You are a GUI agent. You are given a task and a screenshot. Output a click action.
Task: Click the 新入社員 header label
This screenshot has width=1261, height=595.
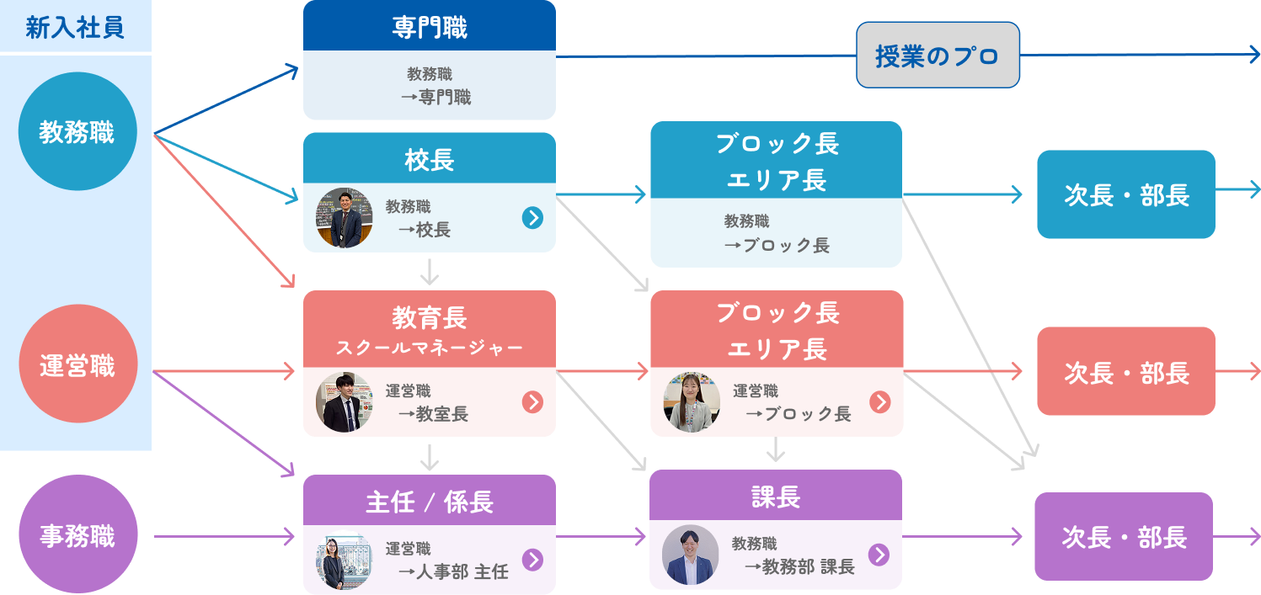(75, 27)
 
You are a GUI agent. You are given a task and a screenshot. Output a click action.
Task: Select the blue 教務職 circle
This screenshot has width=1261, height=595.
(77, 131)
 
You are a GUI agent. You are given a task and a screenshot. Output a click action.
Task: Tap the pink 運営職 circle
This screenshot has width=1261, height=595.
(77, 364)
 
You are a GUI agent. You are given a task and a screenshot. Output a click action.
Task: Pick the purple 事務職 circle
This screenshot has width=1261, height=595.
(77, 535)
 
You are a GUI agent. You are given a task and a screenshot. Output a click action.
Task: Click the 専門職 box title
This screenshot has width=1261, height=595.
(429, 27)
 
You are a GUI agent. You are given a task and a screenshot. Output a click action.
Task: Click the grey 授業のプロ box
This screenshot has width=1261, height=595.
(938, 56)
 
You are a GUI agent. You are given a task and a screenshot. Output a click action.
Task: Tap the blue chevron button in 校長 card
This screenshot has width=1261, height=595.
(532, 218)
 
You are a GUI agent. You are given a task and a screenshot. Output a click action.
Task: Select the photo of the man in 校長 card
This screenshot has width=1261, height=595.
(345, 218)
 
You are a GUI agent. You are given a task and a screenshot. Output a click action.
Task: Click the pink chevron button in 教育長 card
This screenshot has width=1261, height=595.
(532, 402)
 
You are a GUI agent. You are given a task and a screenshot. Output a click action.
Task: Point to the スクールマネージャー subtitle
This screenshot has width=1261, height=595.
(429, 347)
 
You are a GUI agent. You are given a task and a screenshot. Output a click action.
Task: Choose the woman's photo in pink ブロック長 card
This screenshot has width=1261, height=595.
(692, 402)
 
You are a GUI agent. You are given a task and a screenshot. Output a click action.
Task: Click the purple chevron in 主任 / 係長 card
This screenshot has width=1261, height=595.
(532, 560)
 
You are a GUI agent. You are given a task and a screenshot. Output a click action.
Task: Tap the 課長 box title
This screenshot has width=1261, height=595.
(775, 497)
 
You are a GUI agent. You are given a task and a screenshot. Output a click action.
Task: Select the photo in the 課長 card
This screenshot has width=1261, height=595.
(691, 555)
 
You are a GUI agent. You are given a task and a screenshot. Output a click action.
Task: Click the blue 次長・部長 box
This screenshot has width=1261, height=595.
(1125, 194)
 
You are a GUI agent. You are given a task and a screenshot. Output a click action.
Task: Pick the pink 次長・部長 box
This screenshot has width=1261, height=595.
(1125, 371)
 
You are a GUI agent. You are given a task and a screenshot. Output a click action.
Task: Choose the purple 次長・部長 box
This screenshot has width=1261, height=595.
(1123, 536)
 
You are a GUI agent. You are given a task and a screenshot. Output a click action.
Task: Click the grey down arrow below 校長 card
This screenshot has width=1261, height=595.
(430, 271)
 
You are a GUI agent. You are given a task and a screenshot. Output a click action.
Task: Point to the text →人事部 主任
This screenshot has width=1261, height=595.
(453, 572)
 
